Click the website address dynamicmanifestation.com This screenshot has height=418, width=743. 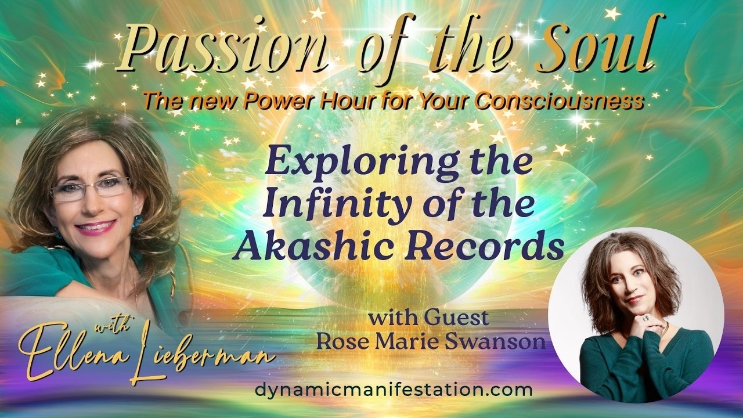click(x=394, y=390)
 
